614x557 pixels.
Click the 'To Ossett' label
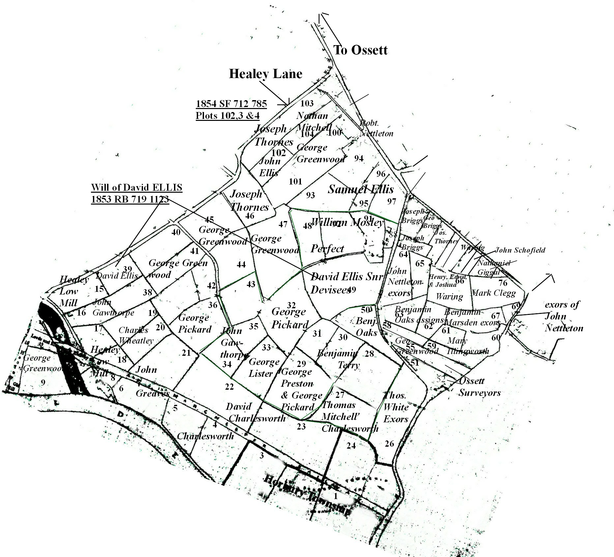pyautogui.click(x=360, y=50)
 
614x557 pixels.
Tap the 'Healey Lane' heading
pyautogui.click(x=265, y=74)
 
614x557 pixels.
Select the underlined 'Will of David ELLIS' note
pyautogui.click(x=136, y=188)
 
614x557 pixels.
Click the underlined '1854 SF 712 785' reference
pyautogui.click(x=231, y=104)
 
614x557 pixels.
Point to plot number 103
pyautogui.click(x=307, y=103)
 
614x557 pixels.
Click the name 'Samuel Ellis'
pyautogui.click(x=361, y=189)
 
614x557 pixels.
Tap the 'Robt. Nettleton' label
pyautogui.click(x=376, y=128)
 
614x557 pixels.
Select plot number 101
pyautogui.click(x=295, y=181)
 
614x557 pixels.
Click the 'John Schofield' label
pyautogui.click(x=520, y=250)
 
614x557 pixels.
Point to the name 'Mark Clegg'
pyautogui.click(x=493, y=292)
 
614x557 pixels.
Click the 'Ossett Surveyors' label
pyautogui.click(x=480, y=387)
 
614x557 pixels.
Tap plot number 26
pyautogui.click(x=389, y=444)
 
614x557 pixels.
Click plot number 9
pyautogui.click(x=43, y=382)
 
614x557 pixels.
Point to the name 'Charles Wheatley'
pyautogui.click(x=135, y=335)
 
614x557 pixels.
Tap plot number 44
pyautogui.click(x=241, y=264)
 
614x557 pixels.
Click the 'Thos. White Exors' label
pyautogui.click(x=396, y=407)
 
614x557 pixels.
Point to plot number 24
pyautogui.click(x=351, y=446)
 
